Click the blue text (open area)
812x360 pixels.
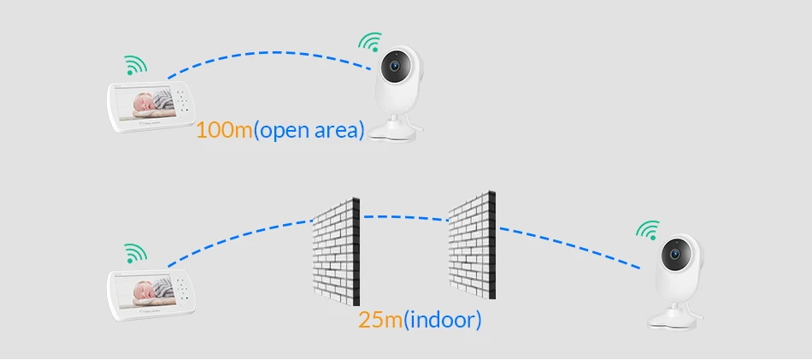(x=310, y=131)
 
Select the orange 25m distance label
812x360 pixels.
(x=380, y=321)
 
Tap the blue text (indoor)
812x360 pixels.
(x=442, y=321)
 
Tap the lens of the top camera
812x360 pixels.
(x=394, y=67)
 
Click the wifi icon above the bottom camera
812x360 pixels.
(x=649, y=231)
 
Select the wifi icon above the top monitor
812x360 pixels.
(x=134, y=65)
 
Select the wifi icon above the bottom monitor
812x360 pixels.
(x=134, y=253)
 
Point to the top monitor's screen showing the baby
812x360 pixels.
(x=150, y=103)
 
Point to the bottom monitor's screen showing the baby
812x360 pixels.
(x=150, y=292)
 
